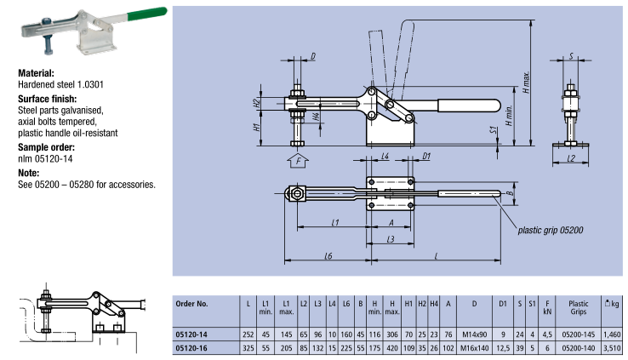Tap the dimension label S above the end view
click(x=572, y=56)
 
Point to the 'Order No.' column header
click(x=201, y=302)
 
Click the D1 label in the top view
click(x=426, y=156)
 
